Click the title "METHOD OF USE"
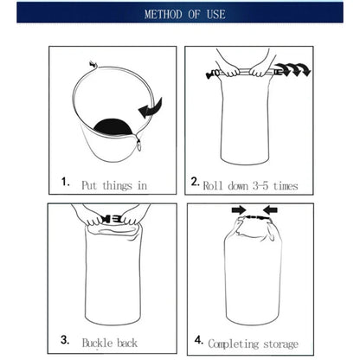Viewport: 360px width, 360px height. point(180,14)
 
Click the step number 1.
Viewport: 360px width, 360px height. point(65,183)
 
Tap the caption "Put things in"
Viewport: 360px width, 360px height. point(114,184)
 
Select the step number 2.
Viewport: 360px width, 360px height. point(195,183)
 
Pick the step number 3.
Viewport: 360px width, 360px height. point(65,341)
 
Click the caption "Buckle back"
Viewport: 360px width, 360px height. point(109,343)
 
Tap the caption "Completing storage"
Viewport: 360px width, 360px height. point(253,344)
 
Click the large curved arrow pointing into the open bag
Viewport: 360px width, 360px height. point(150,108)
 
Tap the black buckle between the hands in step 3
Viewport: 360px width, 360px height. point(111,219)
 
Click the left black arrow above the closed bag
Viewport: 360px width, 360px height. point(238,209)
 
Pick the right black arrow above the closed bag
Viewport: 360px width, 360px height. point(270,209)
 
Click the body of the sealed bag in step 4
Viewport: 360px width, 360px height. point(252,277)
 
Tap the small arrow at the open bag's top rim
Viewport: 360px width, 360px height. point(93,64)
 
